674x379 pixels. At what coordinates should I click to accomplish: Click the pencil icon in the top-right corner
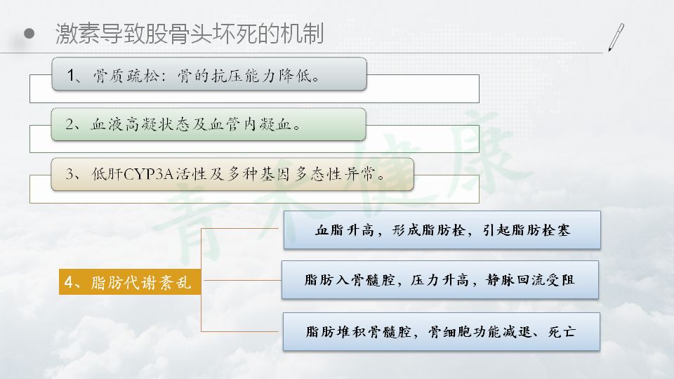click(x=616, y=37)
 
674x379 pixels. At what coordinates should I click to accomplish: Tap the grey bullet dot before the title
click(x=29, y=33)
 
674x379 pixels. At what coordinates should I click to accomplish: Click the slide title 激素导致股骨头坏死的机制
click(x=190, y=34)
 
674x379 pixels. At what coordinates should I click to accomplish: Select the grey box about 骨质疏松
click(x=209, y=74)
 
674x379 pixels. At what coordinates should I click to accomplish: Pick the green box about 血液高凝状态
click(x=209, y=124)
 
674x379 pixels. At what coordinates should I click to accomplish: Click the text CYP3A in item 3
click(x=148, y=174)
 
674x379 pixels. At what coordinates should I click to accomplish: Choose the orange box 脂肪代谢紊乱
click(x=130, y=282)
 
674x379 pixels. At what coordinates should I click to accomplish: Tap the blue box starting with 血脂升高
click(x=442, y=230)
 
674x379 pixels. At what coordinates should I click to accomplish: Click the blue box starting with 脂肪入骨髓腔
click(x=440, y=280)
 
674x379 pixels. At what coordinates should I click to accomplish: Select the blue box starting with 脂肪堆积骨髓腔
click(x=441, y=332)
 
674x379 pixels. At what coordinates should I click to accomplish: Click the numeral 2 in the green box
click(x=70, y=125)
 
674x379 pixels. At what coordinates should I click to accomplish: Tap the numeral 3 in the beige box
click(x=70, y=174)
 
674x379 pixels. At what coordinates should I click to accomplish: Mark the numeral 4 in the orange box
click(x=69, y=282)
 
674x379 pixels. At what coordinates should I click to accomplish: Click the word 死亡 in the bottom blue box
click(x=562, y=332)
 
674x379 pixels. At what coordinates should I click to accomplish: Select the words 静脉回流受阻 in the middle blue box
click(x=530, y=280)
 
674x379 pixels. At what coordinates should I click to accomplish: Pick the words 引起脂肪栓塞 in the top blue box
click(x=526, y=230)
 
